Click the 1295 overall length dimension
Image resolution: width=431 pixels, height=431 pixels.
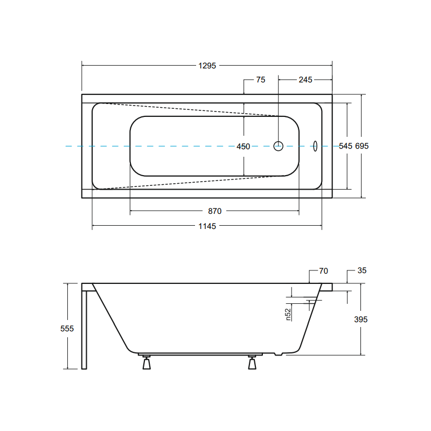[207, 66]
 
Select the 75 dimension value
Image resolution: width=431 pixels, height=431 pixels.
[261, 80]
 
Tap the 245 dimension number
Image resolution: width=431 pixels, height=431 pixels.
[305, 80]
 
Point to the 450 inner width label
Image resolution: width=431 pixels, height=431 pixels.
[244, 147]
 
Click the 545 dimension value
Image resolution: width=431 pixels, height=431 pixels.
[345, 146]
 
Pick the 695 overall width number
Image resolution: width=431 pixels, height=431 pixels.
[362, 146]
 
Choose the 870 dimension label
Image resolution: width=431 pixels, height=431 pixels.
[214, 211]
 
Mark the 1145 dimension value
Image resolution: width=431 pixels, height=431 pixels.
[207, 226]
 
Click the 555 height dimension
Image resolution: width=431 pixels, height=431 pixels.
[67, 329]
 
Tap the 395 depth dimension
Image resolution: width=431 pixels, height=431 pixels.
[360, 319]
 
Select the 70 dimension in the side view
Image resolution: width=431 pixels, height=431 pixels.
[324, 271]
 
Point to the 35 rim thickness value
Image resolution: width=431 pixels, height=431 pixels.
[362, 270]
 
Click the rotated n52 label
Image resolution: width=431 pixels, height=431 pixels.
[288, 315]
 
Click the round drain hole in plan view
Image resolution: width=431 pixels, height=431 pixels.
[278, 146]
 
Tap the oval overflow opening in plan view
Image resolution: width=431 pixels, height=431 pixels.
[315, 146]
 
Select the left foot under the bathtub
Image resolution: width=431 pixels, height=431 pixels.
[147, 362]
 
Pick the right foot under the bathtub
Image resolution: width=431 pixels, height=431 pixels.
[252, 362]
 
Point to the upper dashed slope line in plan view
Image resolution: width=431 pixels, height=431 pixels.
[190, 110]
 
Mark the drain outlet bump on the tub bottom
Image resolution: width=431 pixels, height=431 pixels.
[279, 354]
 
